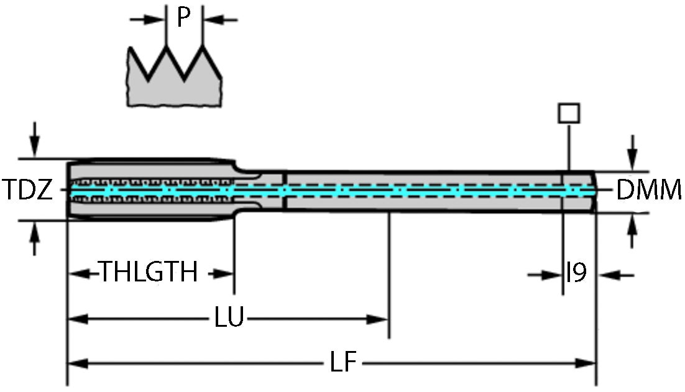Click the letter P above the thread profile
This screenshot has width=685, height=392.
pyautogui.click(x=183, y=17)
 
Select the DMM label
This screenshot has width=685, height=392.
pyautogui.click(x=649, y=191)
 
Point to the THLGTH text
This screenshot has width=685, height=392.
pyautogui.click(x=149, y=272)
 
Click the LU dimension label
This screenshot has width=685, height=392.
pyautogui.click(x=228, y=319)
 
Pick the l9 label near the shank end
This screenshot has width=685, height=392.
pyautogui.click(x=576, y=273)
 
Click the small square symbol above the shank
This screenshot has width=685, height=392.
pyautogui.click(x=569, y=114)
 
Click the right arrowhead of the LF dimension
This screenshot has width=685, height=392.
pyautogui.click(x=587, y=363)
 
